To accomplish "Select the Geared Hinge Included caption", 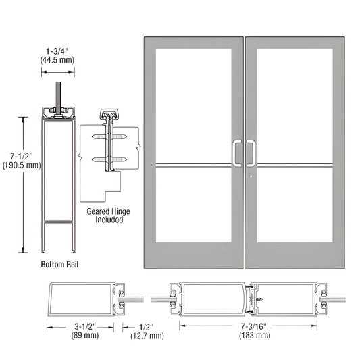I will point(108,216).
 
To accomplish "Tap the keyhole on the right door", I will point(251,178).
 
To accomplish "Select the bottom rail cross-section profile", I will point(58,179).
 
